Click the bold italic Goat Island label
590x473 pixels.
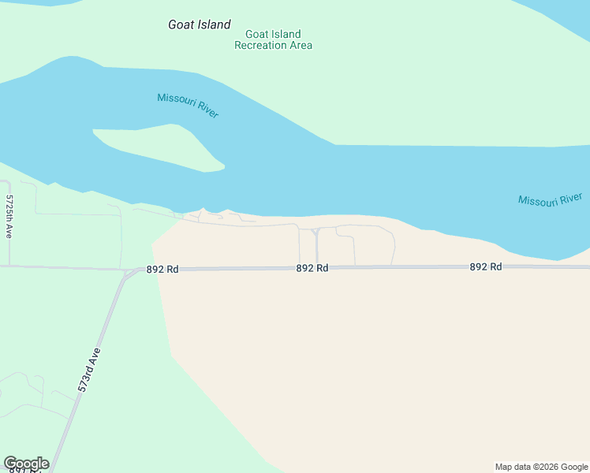pos(200,24)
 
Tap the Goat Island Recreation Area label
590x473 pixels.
pos(273,39)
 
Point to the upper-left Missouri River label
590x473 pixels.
pos(188,105)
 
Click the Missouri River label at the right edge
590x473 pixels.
pos(550,199)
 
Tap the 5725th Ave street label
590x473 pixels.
pos(9,217)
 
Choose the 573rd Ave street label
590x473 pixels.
pos(90,370)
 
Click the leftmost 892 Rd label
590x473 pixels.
pos(162,269)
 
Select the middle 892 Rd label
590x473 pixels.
pos(312,268)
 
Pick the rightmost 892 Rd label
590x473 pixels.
pos(486,266)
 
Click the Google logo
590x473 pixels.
pos(25,464)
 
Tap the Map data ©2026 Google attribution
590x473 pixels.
pos(541,467)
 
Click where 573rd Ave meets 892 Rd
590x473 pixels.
pos(126,273)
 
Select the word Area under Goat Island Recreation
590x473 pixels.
pos(300,45)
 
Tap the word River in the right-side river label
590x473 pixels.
pos(569,197)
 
